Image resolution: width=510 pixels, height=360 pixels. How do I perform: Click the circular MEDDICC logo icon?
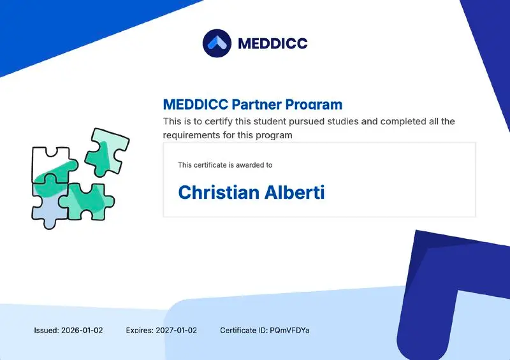click(x=217, y=43)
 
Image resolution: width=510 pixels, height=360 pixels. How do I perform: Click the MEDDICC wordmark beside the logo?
click(x=273, y=43)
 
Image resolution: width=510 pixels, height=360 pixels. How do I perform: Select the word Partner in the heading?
click(x=257, y=104)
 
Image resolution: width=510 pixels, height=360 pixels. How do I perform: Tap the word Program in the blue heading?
click(x=314, y=104)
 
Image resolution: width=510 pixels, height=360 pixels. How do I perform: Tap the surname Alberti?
click(x=295, y=192)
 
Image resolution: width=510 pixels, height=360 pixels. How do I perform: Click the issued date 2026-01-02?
click(x=82, y=331)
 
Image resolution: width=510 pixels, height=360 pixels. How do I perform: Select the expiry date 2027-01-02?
click(x=177, y=331)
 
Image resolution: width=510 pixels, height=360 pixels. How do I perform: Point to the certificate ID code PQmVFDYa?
click(x=289, y=331)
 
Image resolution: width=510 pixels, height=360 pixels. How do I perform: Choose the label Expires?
click(x=140, y=331)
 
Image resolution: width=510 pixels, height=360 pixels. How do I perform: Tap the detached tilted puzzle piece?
click(x=106, y=152)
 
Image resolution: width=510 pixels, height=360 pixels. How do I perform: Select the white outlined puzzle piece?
click(x=52, y=164)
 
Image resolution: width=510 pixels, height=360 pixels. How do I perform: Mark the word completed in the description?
click(x=404, y=122)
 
